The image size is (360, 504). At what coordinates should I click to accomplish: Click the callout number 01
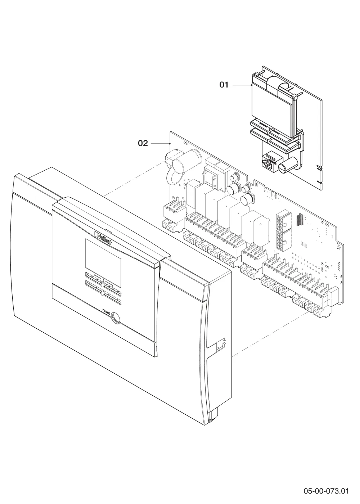point(224,85)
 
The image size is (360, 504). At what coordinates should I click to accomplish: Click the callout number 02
point(143,143)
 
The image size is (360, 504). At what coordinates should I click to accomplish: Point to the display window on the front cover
point(103,263)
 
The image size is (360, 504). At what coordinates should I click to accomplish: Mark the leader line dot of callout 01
point(251,85)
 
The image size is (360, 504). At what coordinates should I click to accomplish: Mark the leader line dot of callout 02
point(170,143)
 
